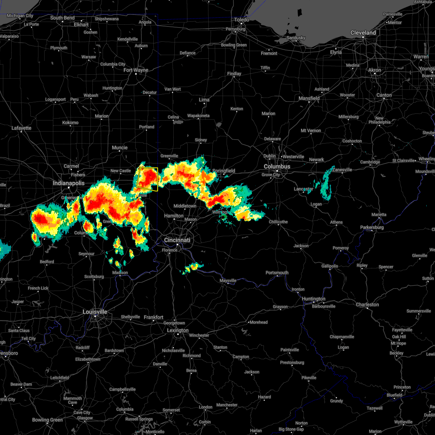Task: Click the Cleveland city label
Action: [363, 33]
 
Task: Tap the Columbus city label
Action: [277, 166]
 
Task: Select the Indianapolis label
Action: [69, 183]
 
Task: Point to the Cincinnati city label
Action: [177, 240]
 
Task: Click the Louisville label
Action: [95, 312]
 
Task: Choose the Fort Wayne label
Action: [136, 70]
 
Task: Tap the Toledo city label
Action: [242, 20]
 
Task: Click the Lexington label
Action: [178, 330]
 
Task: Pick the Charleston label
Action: [367, 304]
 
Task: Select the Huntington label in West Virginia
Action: [314, 299]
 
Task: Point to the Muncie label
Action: [120, 148]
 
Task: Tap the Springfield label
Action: [224, 171]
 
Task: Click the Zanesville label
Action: [342, 170]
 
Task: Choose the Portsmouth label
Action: [277, 273]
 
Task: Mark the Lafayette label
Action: [21, 128]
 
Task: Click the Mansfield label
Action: [309, 98]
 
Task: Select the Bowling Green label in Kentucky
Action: [47, 420]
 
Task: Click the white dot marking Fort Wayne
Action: [136, 74]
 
